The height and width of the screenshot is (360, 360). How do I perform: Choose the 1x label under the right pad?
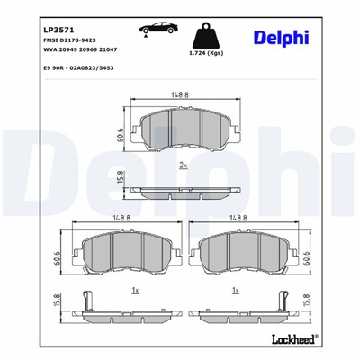coord(236,291)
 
